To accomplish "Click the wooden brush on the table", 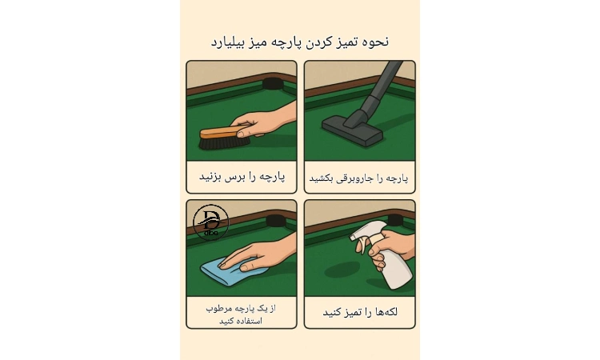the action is coord(224,138).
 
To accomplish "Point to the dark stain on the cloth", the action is coord(342,270).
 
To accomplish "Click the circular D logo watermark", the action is coord(211,222).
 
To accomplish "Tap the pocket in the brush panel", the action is coord(272,84).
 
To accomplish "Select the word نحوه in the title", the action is coord(375,42).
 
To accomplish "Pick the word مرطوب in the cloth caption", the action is coord(219,308).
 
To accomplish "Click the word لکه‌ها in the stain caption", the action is coord(384,312).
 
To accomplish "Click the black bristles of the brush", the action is coord(223,143).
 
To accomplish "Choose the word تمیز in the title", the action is coord(346,42).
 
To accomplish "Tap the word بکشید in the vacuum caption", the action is coord(322,178).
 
